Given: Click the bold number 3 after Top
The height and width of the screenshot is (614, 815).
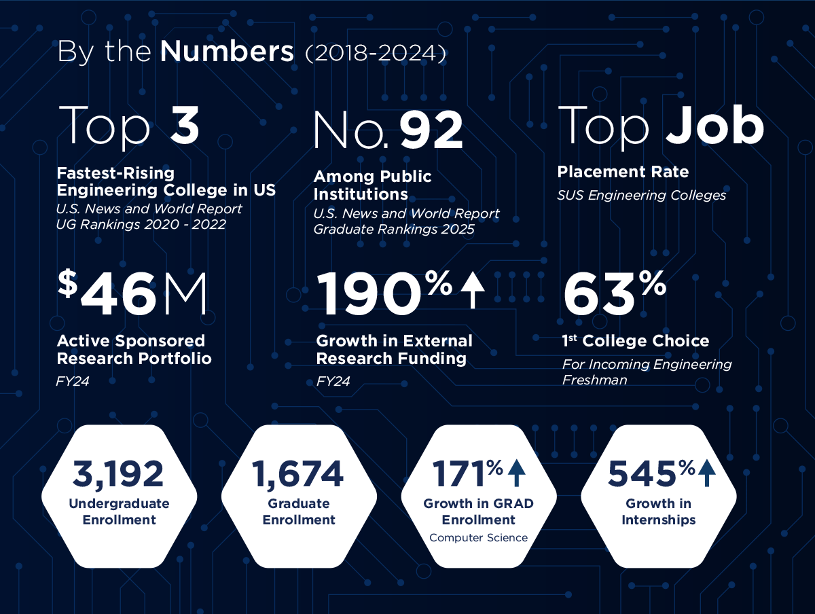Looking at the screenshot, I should (x=184, y=126).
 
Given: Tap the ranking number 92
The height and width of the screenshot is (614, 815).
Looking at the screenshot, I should (x=431, y=132).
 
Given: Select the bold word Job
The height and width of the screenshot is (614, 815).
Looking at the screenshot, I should (x=714, y=126).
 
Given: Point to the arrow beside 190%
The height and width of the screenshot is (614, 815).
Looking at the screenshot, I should (x=473, y=289).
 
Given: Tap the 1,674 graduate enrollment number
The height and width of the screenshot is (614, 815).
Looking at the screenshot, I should (x=298, y=473).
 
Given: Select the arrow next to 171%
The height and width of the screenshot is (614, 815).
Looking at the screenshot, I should (x=517, y=472).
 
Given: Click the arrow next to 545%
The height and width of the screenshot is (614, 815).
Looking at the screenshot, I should (x=707, y=472).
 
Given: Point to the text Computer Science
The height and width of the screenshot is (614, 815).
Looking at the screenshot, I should (x=478, y=538).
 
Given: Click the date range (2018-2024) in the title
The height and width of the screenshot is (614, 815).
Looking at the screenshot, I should (x=376, y=54).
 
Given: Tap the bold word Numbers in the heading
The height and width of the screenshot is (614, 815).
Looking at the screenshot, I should (x=228, y=52).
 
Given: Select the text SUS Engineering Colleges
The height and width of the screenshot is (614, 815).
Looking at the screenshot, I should (x=642, y=196).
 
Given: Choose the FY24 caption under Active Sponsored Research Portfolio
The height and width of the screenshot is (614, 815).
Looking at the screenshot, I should (x=73, y=382).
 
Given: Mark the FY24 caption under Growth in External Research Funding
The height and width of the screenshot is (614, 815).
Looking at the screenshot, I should (x=333, y=382).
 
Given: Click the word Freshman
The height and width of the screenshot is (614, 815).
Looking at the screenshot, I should (x=594, y=380).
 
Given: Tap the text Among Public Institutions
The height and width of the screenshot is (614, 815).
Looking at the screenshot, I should (x=372, y=185).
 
